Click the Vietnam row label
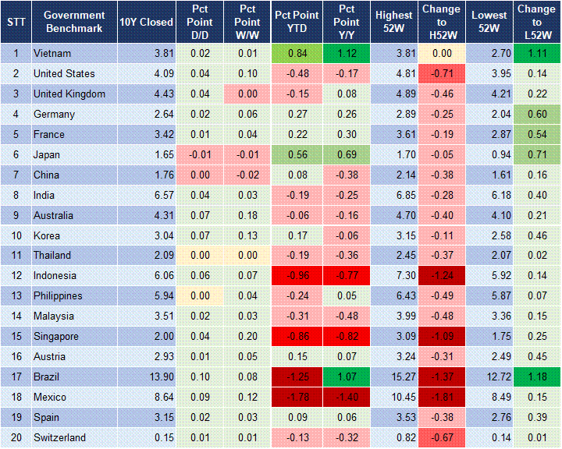point(52,54)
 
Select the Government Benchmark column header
point(74,21)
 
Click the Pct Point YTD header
point(296,21)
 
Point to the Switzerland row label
point(59,437)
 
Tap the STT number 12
point(16,276)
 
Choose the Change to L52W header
point(535,21)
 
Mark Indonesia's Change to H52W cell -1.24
point(442,276)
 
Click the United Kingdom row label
point(69,94)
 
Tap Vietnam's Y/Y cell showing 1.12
point(347,54)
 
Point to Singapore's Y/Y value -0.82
point(347,336)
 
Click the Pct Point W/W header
point(247,21)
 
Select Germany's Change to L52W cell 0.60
point(535,115)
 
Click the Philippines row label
point(58,296)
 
